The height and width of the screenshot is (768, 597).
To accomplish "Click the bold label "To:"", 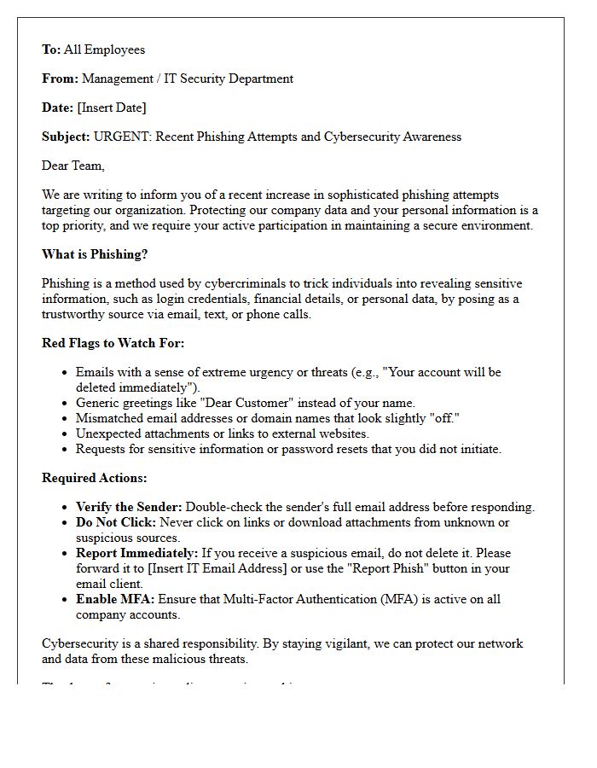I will tap(51, 49).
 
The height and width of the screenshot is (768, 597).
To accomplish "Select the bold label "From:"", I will tap(60, 79).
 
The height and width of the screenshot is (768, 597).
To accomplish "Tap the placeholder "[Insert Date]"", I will tap(112, 108).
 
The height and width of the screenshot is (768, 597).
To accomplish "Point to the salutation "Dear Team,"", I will tap(73, 166).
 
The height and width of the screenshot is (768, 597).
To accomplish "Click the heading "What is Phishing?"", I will tap(95, 254).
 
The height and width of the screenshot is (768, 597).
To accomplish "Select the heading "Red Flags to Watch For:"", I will tap(113, 343).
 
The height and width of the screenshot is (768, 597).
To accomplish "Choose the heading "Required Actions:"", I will tap(94, 478).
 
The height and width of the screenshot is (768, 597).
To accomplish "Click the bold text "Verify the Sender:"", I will tap(129, 507).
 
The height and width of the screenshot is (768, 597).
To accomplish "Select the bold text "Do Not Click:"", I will tap(116, 522).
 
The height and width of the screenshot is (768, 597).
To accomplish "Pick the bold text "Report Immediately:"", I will tap(136, 553).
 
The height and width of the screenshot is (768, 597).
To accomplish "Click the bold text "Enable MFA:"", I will tap(115, 599).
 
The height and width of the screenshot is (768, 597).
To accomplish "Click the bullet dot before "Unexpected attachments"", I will tap(66, 433).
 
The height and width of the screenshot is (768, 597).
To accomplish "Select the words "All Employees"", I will tap(104, 49).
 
